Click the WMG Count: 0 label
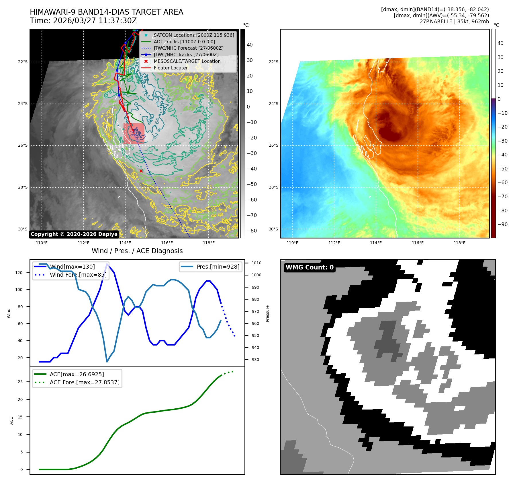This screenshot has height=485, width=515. (310, 267)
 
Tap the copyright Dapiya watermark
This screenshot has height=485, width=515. (74, 234)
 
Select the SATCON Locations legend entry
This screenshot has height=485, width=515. (194, 35)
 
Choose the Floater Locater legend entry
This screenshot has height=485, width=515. (171, 68)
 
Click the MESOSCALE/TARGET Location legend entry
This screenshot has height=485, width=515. (187, 61)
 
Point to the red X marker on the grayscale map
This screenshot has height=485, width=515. (141, 171)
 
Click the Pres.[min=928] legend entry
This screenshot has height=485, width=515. (218, 267)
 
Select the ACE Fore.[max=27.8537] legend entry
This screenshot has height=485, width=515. (85, 383)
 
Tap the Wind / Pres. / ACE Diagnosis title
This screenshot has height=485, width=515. (137, 251)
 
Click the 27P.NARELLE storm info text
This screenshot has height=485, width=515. (454, 22)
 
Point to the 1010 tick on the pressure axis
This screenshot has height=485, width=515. (256, 263)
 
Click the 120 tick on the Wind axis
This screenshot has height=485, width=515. (19, 273)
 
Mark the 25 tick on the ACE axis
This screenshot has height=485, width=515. (20, 382)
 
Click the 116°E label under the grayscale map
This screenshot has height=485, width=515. (167, 243)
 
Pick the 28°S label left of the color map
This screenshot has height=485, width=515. (273, 187)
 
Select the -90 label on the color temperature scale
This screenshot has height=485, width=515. (502, 224)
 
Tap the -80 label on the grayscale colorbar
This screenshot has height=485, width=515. (252, 231)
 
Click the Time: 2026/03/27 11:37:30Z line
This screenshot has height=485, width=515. (83, 21)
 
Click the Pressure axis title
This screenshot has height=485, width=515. (267, 313)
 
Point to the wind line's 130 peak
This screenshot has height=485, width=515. (107, 264)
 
